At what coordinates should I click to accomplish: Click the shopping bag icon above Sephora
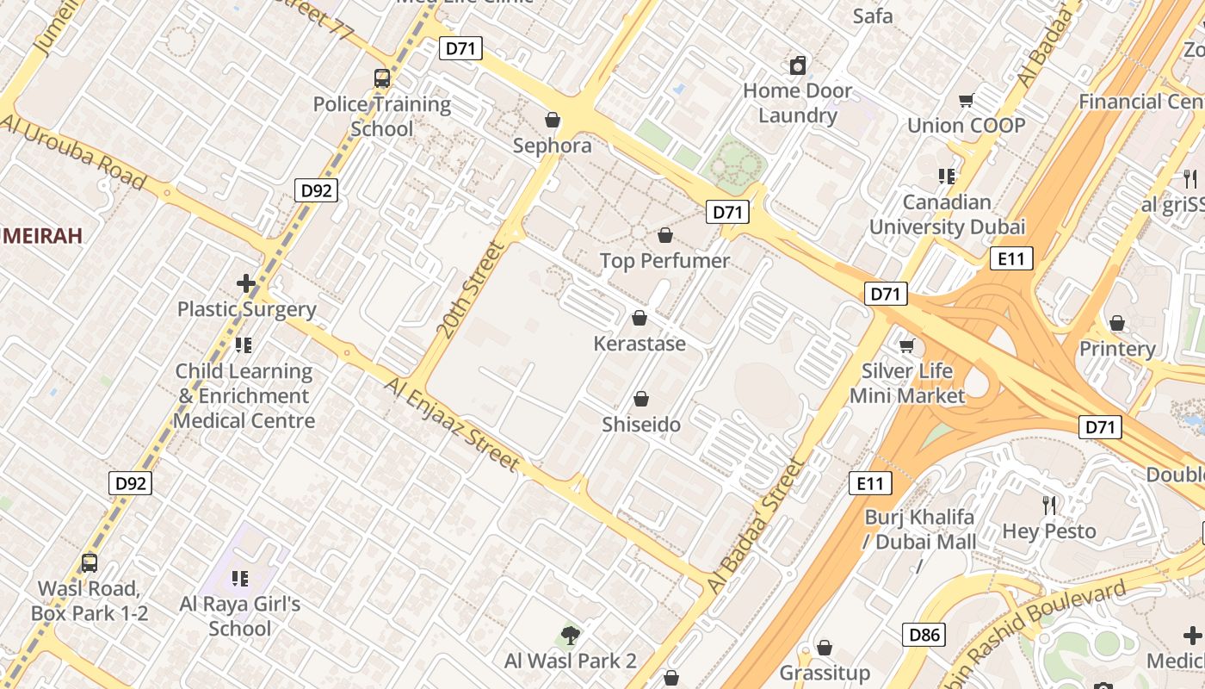coord(553,120)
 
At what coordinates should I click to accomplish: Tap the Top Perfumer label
coord(664,260)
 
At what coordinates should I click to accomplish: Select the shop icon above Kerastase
coord(639,318)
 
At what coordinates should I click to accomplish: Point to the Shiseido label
coord(641,425)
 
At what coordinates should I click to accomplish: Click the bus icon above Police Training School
coord(381,78)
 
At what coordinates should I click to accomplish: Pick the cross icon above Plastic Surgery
coord(246,282)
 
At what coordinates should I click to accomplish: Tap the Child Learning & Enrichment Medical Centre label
coord(244,396)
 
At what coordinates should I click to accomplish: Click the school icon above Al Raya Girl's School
coord(240,578)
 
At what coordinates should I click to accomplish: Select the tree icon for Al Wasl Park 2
coord(569,636)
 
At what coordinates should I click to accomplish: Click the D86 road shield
coord(925,636)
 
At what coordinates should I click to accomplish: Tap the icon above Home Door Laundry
coord(798,65)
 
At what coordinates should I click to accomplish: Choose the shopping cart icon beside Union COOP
coord(967,101)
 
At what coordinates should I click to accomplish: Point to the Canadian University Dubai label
coord(947,214)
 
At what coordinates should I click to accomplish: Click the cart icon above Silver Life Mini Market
coord(906,345)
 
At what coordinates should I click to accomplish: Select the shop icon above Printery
coord(1116,323)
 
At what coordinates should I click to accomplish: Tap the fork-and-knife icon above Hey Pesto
coord(1048,506)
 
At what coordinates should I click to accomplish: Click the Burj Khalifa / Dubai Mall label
coord(920,530)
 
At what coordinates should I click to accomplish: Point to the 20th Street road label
coord(469,289)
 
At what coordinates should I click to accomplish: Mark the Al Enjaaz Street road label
coord(453,425)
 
